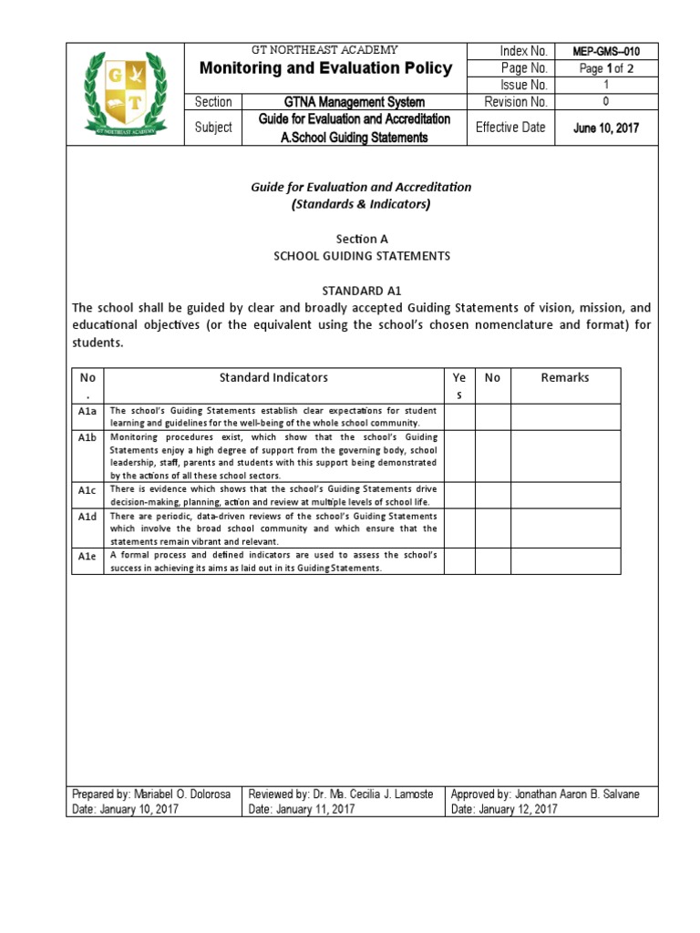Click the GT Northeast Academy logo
click(125, 94)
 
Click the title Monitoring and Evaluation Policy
click(325, 69)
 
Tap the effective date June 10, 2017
click(605, 128)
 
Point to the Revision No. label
click(516, 102)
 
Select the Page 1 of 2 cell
click(605, 68)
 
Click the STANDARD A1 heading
click(362, 291)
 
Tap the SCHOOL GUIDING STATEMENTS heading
click(362, 256)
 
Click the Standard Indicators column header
click(273, 377)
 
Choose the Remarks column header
click(565, 377)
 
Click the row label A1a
click(87, 411)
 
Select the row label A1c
click(87, 490)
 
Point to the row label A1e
click(87, 555)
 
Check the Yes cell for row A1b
click(459, 456)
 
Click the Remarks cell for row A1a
click(565, 416)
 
